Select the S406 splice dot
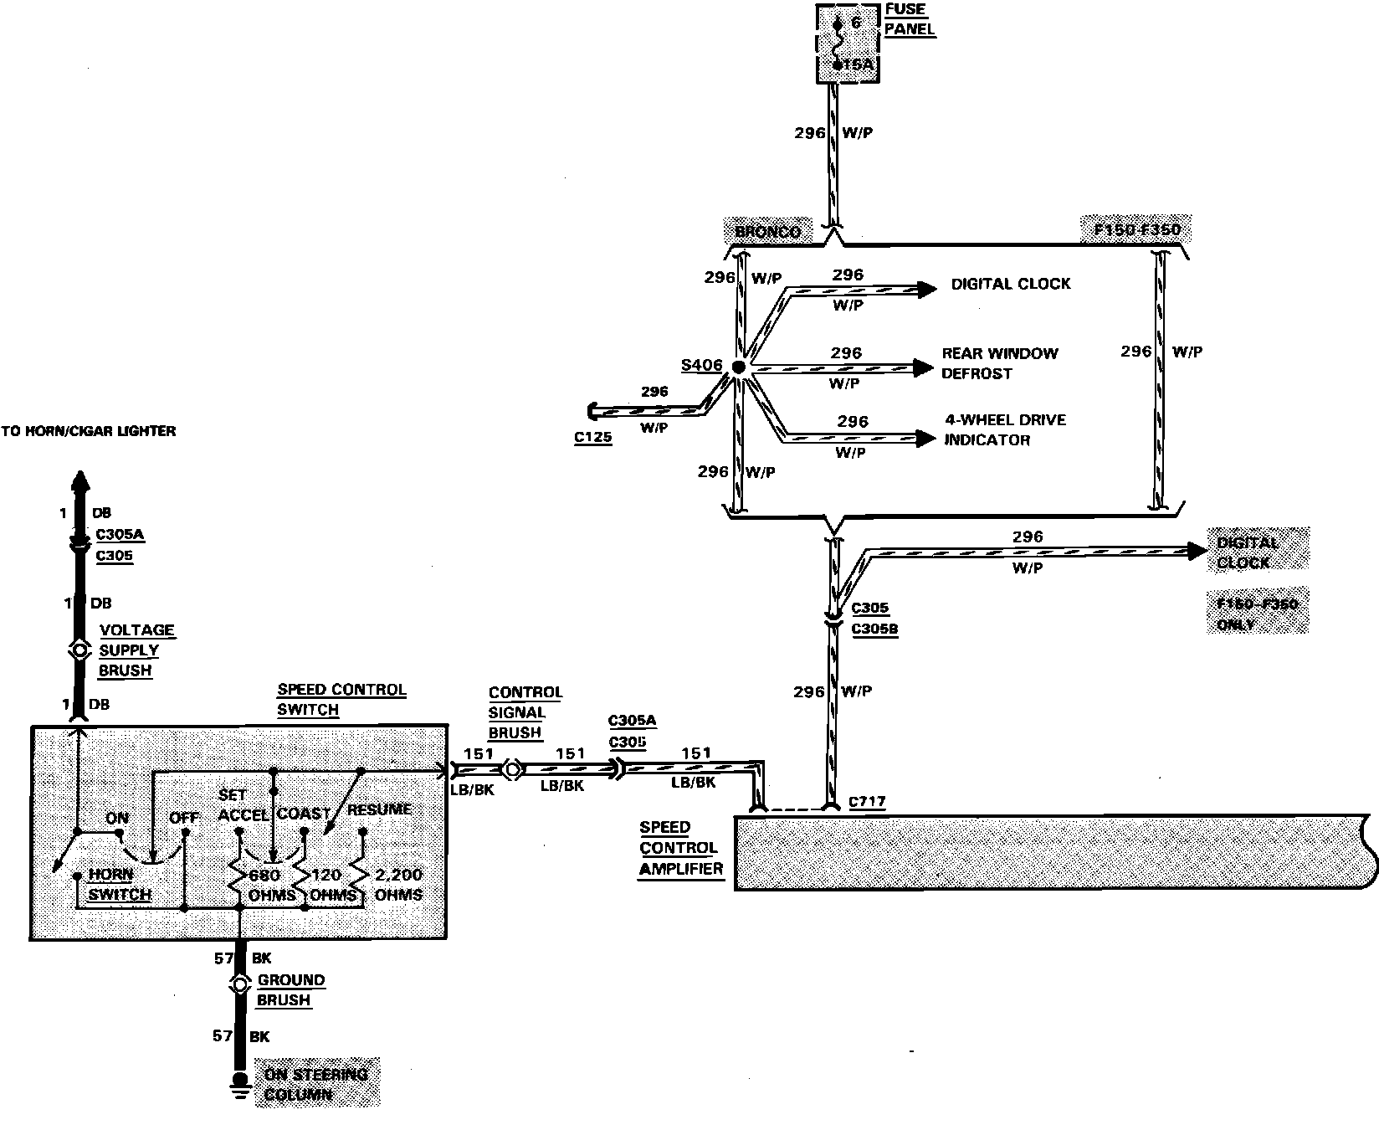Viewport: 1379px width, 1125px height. pos(738,367)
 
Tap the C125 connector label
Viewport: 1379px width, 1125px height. pos(592,437)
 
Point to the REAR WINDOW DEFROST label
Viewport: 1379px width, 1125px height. pos(999,363)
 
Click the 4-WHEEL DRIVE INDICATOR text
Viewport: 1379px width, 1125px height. pos(1004,429)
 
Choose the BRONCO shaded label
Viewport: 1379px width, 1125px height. pos(768,232)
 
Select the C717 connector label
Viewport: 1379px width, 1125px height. pos(867,803)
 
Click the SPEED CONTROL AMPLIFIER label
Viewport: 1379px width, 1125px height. pos(679,847)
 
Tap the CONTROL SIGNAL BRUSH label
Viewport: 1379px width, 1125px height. pos(525,712)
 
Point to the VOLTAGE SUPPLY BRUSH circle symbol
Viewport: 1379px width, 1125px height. pos(79,650)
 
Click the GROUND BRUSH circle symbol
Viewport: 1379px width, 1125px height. pos(240,984)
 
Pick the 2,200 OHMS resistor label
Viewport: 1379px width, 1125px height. pos(398,884)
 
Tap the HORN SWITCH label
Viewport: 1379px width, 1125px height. pos(120,884)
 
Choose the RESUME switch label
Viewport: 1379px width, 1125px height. pos(379,809)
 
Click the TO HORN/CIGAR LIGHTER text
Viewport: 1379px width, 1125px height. pos(89,431)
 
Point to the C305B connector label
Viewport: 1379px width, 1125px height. pos(874,629)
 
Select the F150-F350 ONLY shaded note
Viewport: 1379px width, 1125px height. pos(1258,614)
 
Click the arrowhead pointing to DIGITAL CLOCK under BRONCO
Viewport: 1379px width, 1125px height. pos(926,289)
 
